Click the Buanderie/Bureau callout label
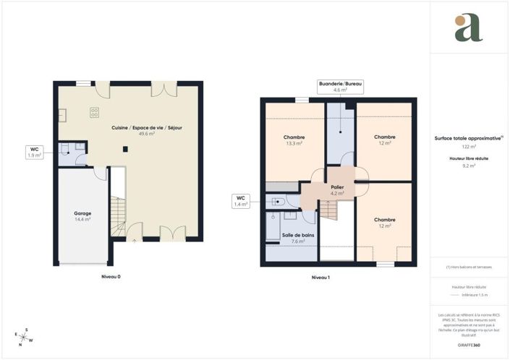point(341,87)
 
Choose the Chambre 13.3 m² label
point(294,140)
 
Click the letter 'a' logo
point(468,27)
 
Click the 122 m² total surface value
point(468,147)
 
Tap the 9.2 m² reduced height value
point(468,166)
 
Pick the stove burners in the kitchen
point(94,112)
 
